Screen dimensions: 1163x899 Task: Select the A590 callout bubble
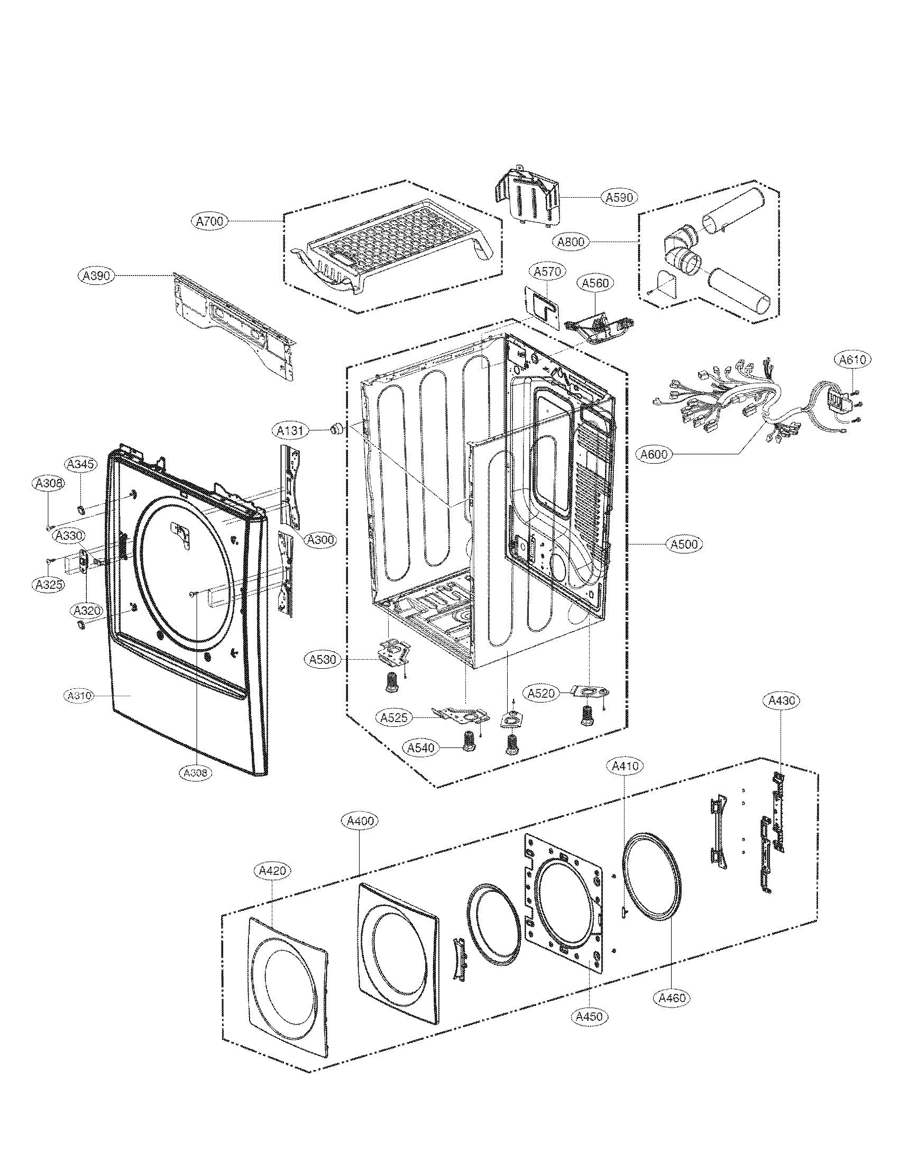(619, 197)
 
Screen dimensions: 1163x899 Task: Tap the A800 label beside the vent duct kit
(571, 242)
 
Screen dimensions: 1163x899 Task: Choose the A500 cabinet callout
(684, 544)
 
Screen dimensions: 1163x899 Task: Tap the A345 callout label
(81, 464)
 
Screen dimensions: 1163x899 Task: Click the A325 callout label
(48, 585)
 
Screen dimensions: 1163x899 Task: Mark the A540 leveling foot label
(420, 747)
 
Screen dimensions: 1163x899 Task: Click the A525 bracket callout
(395, 717)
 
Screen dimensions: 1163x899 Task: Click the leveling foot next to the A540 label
(470, 741)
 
